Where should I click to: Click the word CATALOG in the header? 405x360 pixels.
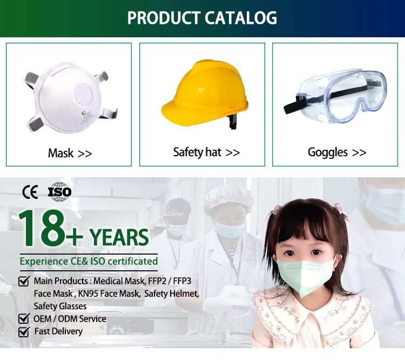point(241,18)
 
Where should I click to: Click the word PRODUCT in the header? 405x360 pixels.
point(164,18)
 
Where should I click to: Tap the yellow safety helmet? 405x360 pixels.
point(205,94)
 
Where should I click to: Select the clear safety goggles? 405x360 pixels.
point(335,96)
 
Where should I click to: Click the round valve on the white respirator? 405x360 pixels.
point(84,95)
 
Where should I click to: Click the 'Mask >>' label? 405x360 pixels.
point(70,153)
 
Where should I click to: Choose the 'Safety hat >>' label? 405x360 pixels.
point(206,152)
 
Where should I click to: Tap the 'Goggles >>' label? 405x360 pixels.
point(337,152)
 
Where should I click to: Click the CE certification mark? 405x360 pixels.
point(30,192)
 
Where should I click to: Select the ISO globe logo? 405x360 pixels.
point(59,192)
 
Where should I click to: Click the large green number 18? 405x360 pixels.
point(42,228)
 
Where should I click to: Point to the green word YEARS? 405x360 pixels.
point(119,237)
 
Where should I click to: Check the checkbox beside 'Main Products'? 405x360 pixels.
point(24,281)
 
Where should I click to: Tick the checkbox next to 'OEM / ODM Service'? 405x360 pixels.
point(24,318)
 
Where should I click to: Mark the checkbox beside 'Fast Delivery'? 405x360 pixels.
point(24,331)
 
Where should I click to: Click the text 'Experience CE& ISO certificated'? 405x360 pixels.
point(89,262)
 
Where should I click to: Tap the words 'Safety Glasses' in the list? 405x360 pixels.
point(60,306)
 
